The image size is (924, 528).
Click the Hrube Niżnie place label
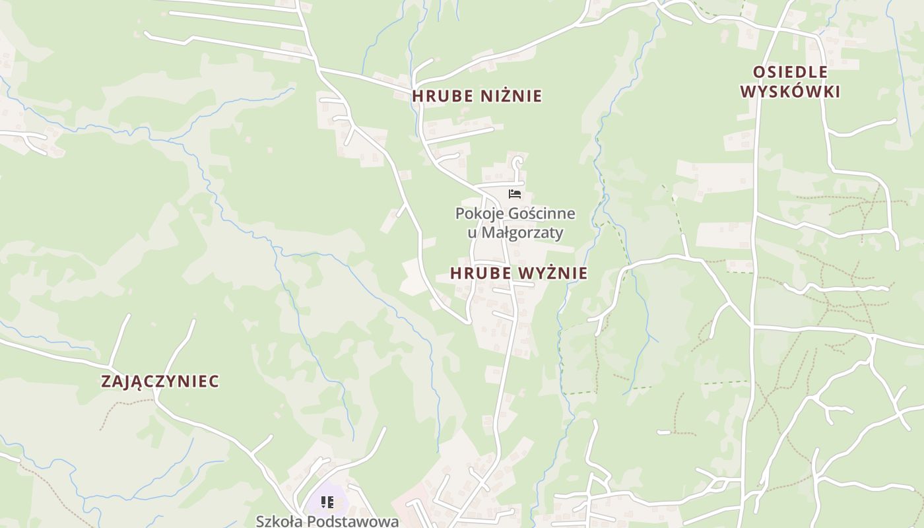pyautogui.click(x=477, y=96)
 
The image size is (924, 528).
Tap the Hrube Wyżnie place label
pyautogui.click(x=519, y=273)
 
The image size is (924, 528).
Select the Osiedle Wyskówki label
pyautogui.click(x=790, y=82)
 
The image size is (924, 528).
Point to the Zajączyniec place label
pyautogui.click(x=160, y=381)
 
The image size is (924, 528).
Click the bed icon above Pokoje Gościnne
pyautogui.click(x=515, y=194)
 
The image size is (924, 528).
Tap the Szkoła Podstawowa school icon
pyautogui.click(x=327, y=503)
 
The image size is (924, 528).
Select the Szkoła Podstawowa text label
pyautogui.click(x=327, y=521)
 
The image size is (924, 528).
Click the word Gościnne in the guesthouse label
pyautogui.click(x=541, y=214)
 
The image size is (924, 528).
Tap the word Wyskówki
pyautogui.click(x=790, y=92)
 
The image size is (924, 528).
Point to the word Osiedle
pyautogui.click(x=790, y=72)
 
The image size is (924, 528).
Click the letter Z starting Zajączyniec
pyautogui.click(x=106, y=381)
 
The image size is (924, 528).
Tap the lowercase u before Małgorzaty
pyautogui.click(x=471, y=233)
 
